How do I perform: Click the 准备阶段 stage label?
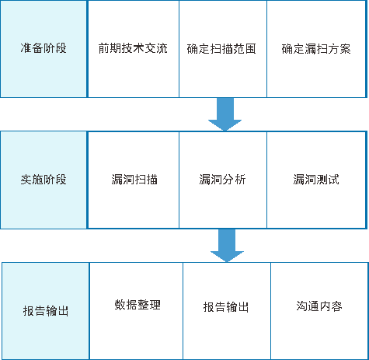point(44,48)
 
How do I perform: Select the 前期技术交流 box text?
point(133,48)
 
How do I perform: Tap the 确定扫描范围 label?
point(221,49)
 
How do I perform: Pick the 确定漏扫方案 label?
point(316,49)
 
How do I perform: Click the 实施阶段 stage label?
point(44,180)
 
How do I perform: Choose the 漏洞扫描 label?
point(134,180)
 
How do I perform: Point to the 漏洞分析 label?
point(222,180)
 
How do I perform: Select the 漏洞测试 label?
point(316,180)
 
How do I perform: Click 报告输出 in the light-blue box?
point(46,311)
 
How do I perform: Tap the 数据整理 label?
point(138,305)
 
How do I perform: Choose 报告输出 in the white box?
point(226,307)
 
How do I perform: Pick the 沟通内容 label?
point(319,306)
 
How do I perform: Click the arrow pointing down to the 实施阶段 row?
point(225,114)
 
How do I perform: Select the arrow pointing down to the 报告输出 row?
point(227,246)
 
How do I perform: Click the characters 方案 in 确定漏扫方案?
point(339,49)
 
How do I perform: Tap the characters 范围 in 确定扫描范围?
point(245,49)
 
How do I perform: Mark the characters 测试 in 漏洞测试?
point(328,180)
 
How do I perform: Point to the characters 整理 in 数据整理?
point(149,305)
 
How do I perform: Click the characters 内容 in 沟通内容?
point(331,306)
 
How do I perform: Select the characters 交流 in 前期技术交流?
point(156,48)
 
